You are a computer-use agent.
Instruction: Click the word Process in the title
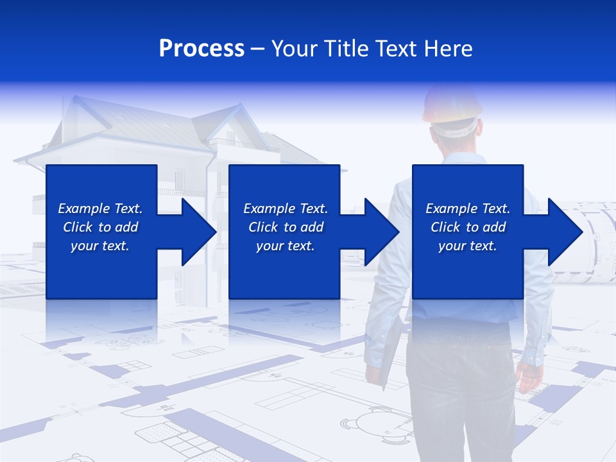(201, 48)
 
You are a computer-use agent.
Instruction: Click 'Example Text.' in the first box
(100, 209)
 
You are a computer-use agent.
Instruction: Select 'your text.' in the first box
(100, 246)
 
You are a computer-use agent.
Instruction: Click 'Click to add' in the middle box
(286, 227)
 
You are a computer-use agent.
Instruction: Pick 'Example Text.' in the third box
(468, 209)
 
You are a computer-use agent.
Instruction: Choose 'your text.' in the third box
(468, 246)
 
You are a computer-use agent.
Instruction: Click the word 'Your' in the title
(295, 48)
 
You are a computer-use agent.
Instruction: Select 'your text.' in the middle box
(286, 246)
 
